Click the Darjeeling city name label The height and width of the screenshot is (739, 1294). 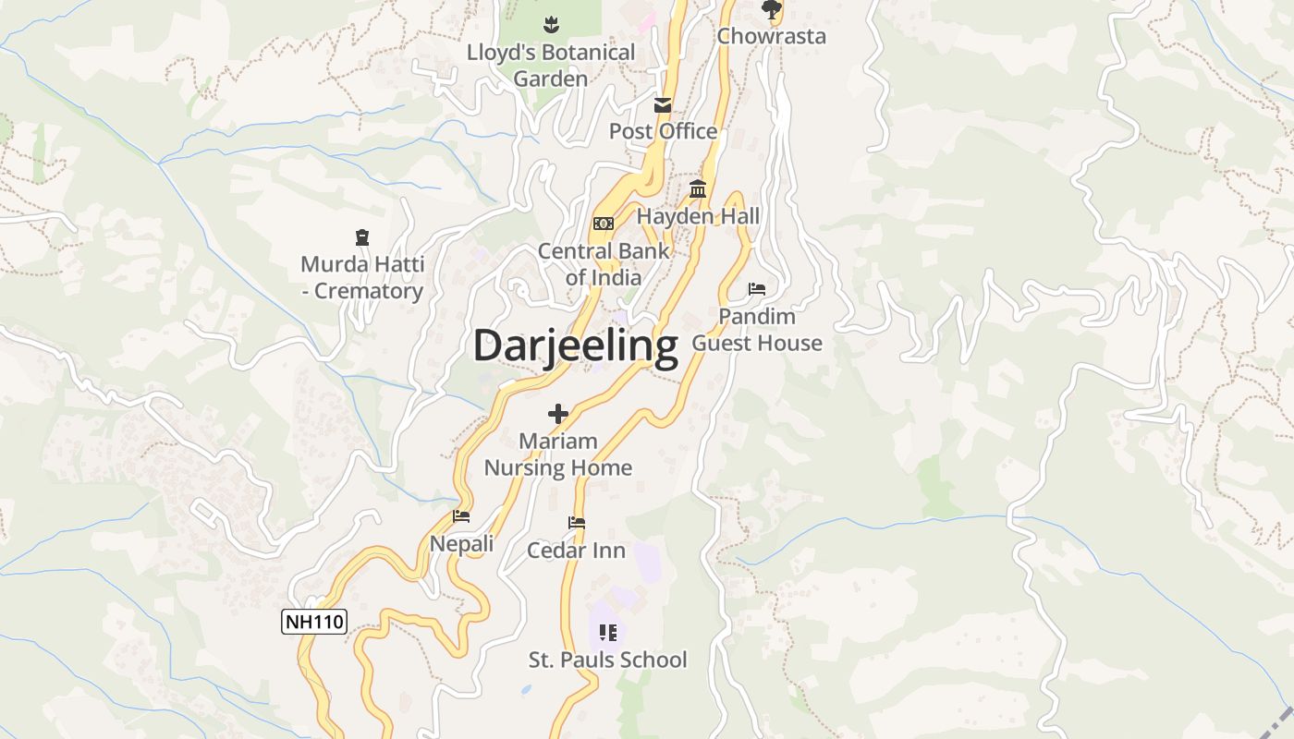click(x=575, y=346)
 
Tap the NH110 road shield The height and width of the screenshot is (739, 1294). click(x=314, y=622)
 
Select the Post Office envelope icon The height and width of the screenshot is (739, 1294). click(x=663, y=105)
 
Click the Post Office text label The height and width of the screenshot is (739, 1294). click(x=663, y=131)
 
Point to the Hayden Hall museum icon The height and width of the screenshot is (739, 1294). click(x=698, y=189)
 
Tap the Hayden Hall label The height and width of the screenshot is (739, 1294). click(x=698, y=217)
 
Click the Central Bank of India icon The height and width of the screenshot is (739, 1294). click(x=604, y=224)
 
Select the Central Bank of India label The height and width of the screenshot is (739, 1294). click(x=604, y=264)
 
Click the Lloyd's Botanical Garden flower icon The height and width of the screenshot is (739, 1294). click(x=552, y=24)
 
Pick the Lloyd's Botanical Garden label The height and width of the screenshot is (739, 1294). click(x=551, y=66)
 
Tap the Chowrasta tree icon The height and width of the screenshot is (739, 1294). click(x=771, y=10)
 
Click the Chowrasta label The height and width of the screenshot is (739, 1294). click(x=771, y=37)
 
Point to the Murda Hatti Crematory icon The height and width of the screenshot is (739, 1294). click(x=362, y=238)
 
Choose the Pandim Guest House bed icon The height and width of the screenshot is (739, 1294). click(x=757, y=289)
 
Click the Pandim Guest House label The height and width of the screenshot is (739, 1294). click(x=757, y=330)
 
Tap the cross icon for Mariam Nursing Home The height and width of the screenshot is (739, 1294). click(x=558, y=414)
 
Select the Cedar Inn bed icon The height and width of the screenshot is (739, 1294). click(x=577, y=523)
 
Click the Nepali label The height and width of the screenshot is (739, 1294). click(x=462, y=544)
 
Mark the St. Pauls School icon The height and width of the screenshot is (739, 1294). click(x=607, y=633)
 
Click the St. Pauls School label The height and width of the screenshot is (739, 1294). click(x=607, y=660)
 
